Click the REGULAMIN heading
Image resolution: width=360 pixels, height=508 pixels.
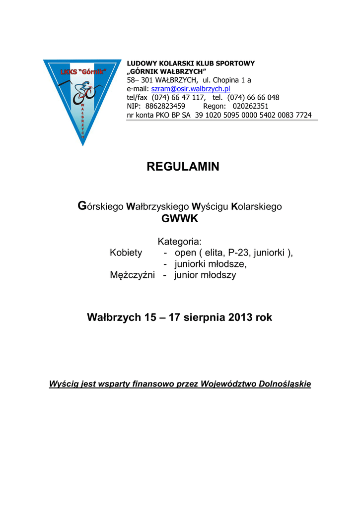click(183, 167)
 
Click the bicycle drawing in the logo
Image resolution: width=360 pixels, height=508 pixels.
click(83, 94)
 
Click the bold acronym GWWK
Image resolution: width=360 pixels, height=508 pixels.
click(180, 219)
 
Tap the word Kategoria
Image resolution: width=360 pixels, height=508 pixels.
click(180, 242)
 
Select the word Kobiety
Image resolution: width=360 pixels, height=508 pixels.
click(126, 253)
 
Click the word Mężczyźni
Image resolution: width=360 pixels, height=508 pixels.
click(132, 275)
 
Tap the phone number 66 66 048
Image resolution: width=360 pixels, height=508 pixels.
click(261, 98)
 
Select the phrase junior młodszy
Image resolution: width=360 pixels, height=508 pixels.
click(205, 275)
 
